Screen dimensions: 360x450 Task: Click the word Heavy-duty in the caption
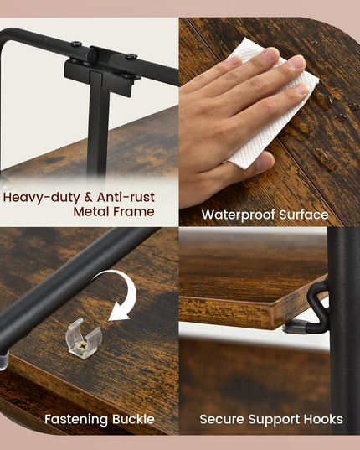click(x=42, y=198)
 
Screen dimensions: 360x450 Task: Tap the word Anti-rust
click(x=126, y=197)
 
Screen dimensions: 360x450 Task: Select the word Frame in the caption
click(x=134, y=211)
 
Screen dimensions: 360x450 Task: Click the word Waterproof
click(x=239, y=215)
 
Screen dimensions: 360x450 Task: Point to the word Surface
click(x=304, y=215)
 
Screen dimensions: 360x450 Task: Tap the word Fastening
click(x=76, y=419)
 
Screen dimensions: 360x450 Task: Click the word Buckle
click(x=133, y=419)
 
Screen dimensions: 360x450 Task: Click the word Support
click(x=275, y=420)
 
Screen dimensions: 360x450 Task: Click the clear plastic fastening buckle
click(x=84, y=339)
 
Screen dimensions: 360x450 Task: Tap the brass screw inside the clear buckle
click(x=82, y=346)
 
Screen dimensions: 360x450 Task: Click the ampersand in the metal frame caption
click(x=89, y=198)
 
